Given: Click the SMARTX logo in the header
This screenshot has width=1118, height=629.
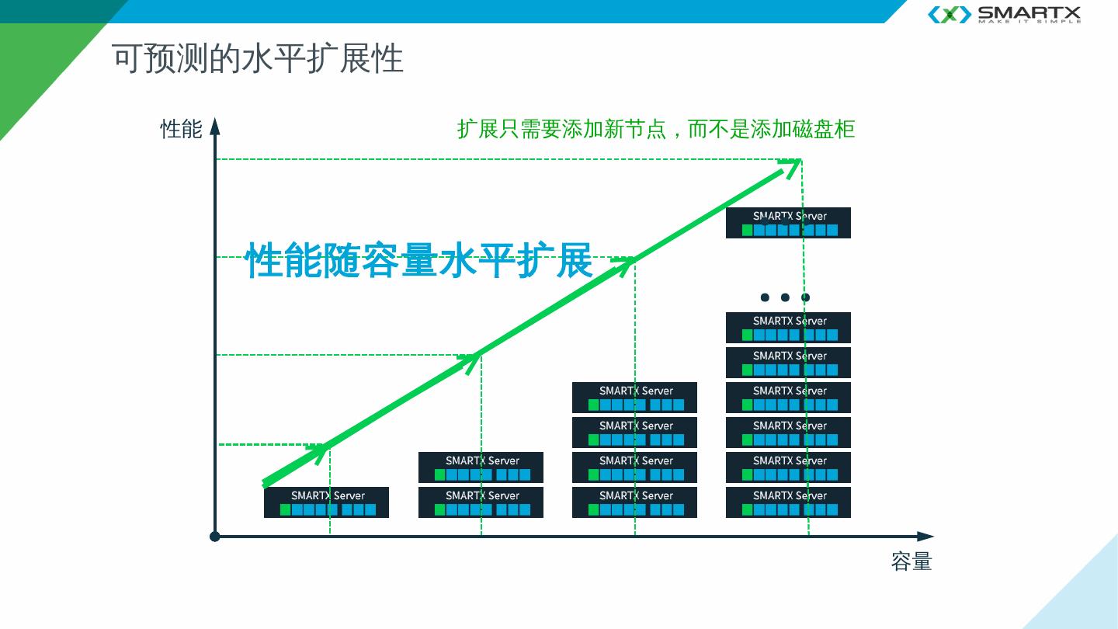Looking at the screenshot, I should (1004, 14).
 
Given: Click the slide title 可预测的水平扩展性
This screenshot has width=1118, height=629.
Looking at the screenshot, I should (257, 59).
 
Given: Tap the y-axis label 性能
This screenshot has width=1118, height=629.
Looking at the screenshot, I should (181, 129).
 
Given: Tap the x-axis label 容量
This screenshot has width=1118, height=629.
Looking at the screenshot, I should (911, 561).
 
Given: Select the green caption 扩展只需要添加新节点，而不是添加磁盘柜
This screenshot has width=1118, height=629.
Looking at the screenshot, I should (656, 129).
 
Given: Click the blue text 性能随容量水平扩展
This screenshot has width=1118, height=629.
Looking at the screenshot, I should (418, 260).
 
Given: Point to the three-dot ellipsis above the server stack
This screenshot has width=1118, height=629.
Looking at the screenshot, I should (785, 297).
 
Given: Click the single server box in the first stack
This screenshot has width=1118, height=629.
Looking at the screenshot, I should (326, 502).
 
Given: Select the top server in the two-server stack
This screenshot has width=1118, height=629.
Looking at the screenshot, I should (481, 467).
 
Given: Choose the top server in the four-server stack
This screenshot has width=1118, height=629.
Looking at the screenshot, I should (634, 397).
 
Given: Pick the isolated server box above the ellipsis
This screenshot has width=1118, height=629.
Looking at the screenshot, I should (788, 222).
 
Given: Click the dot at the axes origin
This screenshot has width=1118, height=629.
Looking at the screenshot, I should (215, 536).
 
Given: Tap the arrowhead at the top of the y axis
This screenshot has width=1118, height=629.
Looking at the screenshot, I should (215, 126).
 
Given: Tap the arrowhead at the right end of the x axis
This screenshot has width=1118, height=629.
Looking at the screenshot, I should (925, 536).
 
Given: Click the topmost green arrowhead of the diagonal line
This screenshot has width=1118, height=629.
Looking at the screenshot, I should (791, 165).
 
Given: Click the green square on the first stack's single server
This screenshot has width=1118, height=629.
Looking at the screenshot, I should (285, 509).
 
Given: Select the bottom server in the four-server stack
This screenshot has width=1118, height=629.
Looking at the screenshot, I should (634, 502).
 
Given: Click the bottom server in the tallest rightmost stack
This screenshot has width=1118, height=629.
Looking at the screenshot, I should (788, 502).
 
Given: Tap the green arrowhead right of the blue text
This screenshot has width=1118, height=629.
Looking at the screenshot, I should (625, 263).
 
